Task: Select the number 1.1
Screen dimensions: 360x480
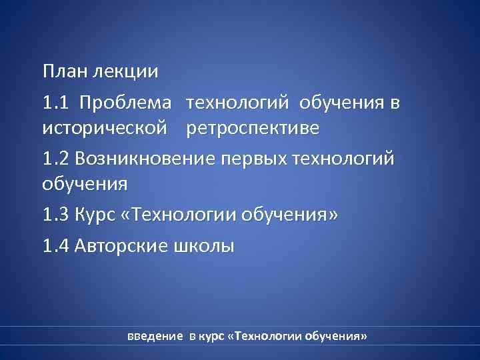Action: pos(54,103)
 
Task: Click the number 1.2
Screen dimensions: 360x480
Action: pos(55,159)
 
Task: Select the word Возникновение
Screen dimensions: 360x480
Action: pos(142,160)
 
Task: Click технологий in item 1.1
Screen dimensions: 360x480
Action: pos(239,104)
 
